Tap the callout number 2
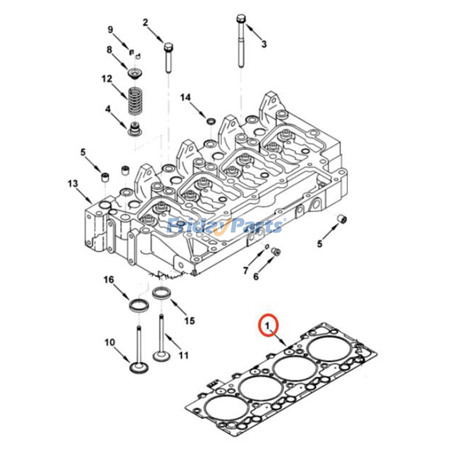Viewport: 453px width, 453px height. [x=145, y=23]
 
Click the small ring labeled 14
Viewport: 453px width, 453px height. [x=211, y=121]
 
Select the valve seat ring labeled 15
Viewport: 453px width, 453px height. [x=162, y=293]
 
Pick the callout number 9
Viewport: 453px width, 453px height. [x=110, y=30]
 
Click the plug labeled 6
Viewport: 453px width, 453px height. [x=276, y=252]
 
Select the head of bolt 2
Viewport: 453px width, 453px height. [x=168, y=47]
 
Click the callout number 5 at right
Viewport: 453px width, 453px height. [x=319, y=243]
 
